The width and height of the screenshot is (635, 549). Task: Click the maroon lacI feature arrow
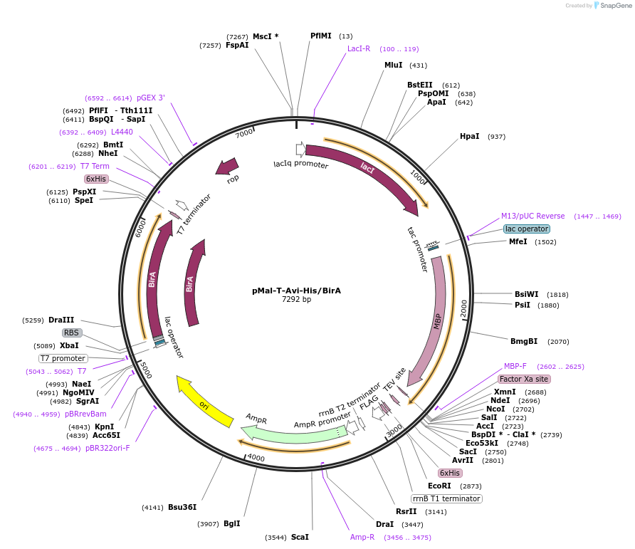pos(367,170)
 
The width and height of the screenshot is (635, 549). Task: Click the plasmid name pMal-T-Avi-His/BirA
pos(296,291)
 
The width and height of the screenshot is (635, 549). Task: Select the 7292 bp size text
pos(296,300)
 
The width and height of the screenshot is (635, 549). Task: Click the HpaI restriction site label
pos(469,136)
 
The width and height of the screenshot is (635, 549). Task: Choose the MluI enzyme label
pos(393,65)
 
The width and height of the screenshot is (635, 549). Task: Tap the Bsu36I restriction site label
pos(182,507)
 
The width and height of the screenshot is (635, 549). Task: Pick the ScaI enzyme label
pos(300,537)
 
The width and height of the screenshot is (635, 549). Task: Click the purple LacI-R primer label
pos(359,48)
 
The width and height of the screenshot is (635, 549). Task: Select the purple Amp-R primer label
pos(362,537)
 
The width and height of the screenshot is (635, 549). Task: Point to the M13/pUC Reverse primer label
pos(532,216)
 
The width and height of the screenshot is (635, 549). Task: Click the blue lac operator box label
pos(527,229)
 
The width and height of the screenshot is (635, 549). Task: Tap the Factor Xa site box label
pos(524,379)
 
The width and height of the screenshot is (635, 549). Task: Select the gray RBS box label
pos(71,333)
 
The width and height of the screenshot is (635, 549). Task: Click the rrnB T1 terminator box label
pos(446,498)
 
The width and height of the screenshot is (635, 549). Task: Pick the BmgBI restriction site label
pos(524,341)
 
